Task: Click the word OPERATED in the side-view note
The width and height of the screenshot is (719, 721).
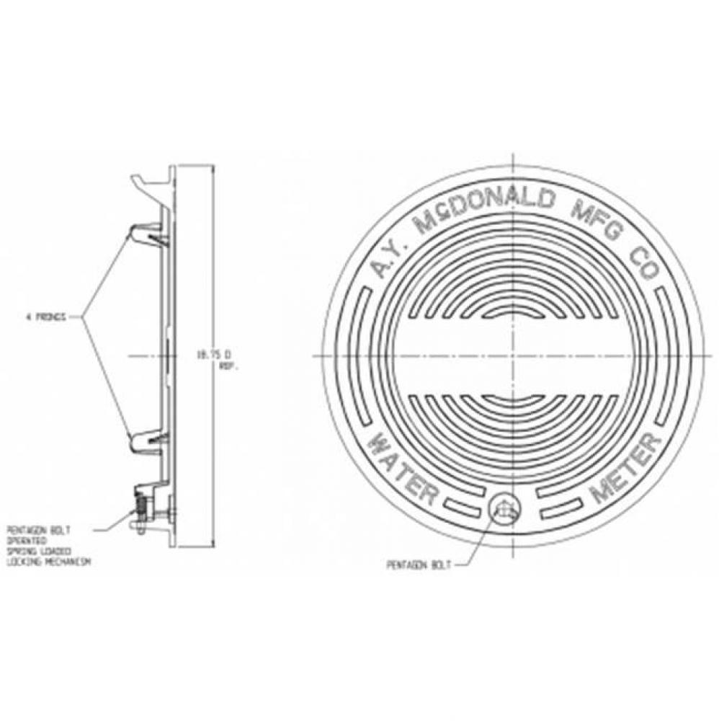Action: tap(27, 539)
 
